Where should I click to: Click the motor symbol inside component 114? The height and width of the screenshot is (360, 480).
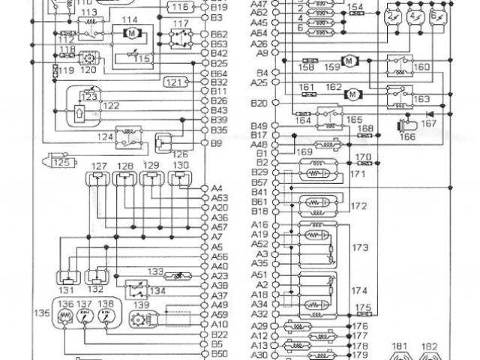pos(130,33)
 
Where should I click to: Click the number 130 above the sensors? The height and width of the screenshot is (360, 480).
pos(180,165)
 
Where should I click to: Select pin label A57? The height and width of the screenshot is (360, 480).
pos(219,226)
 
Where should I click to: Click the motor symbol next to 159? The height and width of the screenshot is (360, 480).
pos(348,60)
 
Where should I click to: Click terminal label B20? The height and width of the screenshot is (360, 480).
pos(259,103)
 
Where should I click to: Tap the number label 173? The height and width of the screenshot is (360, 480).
pos(359,246)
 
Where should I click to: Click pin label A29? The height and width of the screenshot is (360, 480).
pos(259,326)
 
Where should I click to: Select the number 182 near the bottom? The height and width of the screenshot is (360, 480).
pos(430,347)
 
